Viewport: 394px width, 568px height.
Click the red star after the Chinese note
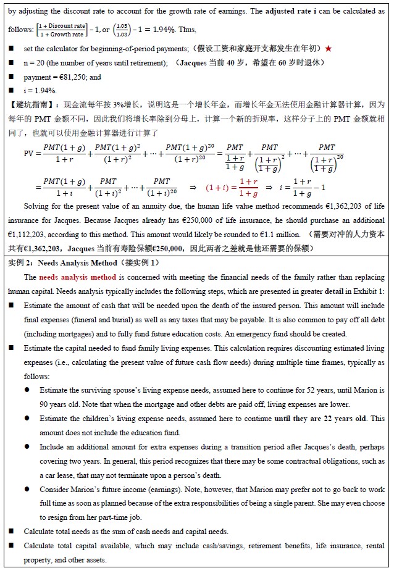point(328,48)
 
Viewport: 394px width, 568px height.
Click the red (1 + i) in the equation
point(216,186)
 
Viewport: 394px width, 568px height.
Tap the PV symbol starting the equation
point(30,153)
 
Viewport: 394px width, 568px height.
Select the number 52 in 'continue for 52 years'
point(291,390)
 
